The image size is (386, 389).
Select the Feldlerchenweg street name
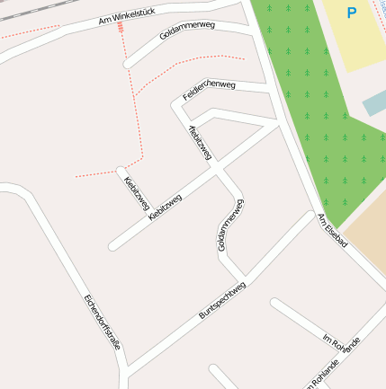point(209,89)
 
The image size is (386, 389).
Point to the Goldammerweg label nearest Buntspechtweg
point(231,225)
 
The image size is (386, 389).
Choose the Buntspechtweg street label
point(222,300)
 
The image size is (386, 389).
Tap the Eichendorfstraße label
point(101,323)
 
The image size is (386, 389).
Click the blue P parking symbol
point(351,13)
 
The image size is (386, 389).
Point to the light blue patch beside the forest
point(374,102)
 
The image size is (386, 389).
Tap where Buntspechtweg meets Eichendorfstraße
point(130,369)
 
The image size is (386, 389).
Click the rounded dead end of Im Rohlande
point(275,305)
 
